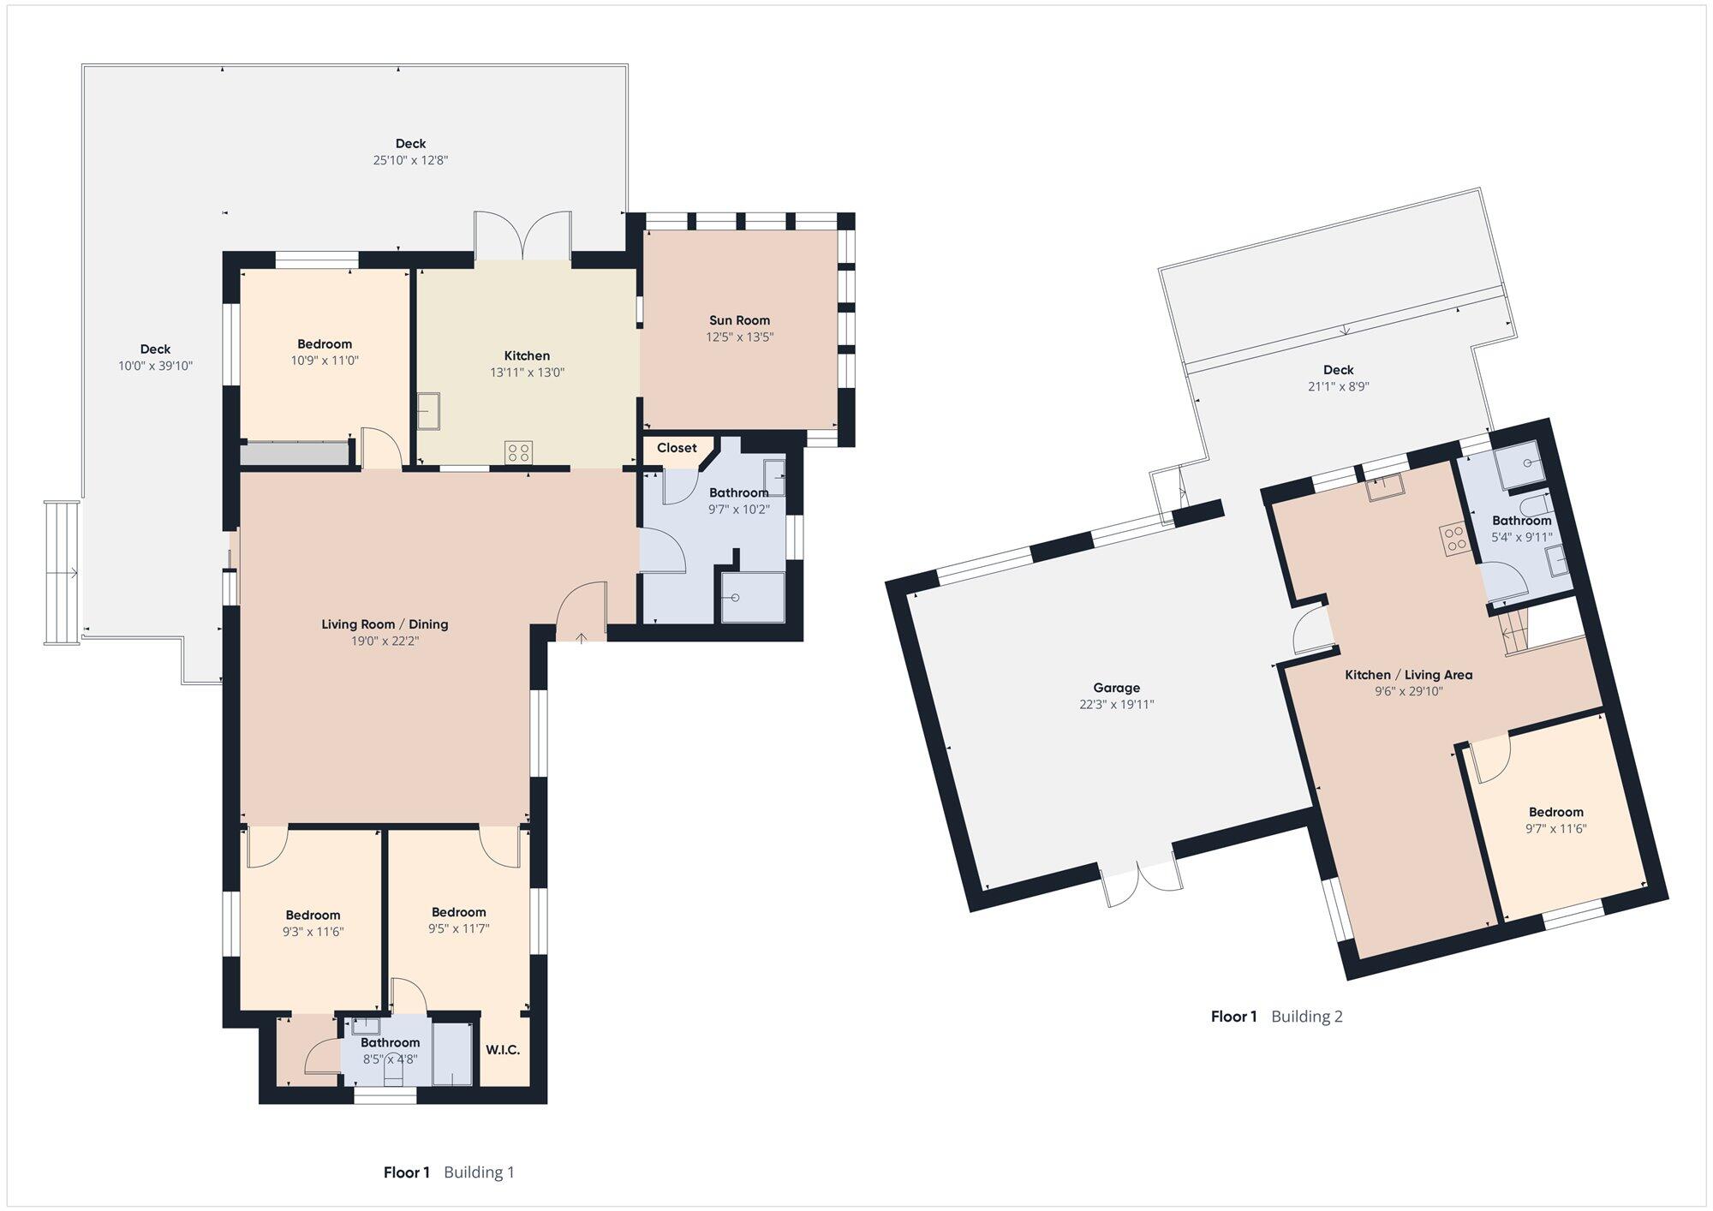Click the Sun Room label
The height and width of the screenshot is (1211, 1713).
[739, 320]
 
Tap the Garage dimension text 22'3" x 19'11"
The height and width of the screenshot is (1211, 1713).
[1117, 705]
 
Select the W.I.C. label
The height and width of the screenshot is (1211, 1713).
[503, 1050]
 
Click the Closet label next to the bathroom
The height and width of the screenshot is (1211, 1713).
[677, 448]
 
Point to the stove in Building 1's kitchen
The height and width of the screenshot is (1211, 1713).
[518, 451]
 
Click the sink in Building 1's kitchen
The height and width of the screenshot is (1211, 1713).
[428, 410]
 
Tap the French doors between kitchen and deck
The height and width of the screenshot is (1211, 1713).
[523, 236]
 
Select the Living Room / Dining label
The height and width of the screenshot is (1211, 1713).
[385, 624]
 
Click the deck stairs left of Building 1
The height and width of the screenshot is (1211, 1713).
[62, 572]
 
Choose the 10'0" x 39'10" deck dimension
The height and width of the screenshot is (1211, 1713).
[155, 366]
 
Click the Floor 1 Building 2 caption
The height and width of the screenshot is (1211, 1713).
[1276, 1017]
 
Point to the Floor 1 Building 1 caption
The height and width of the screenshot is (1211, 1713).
[449, 1172]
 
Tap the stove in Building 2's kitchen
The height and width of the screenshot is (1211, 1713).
[1454, 539]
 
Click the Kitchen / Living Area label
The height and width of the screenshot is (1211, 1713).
[1409, 675]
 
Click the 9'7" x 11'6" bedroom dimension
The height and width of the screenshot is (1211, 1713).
[1556, 829]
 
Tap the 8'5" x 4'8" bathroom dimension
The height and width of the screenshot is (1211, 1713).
[390, 1059]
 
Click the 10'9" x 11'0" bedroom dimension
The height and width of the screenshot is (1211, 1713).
[325, 361]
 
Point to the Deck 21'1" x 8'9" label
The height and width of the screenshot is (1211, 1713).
[1339, 378]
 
